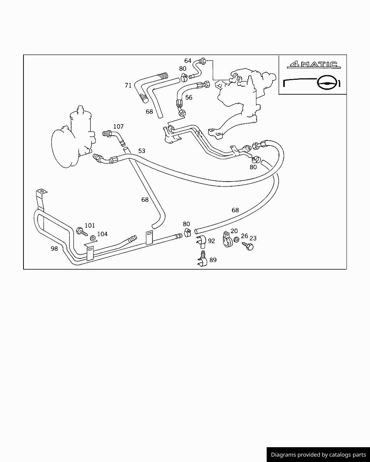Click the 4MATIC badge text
(x=314, y=65)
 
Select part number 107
(x=119, y=126)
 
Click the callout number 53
(x=142, y=151)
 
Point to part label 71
(x=128, y=86)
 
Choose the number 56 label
(x=189, y=97)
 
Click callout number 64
(x=188, y=61)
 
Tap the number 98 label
(x=54, y=248)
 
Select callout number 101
(x=90, y=226)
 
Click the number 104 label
(x=102, y=234)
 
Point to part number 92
(x=211, y=241)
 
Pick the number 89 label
(x=213, y=260)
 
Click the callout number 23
(x=253, y=238)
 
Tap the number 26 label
(x=245, y=236)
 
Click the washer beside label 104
(x=93, y=238)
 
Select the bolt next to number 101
(x=82, y=231)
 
